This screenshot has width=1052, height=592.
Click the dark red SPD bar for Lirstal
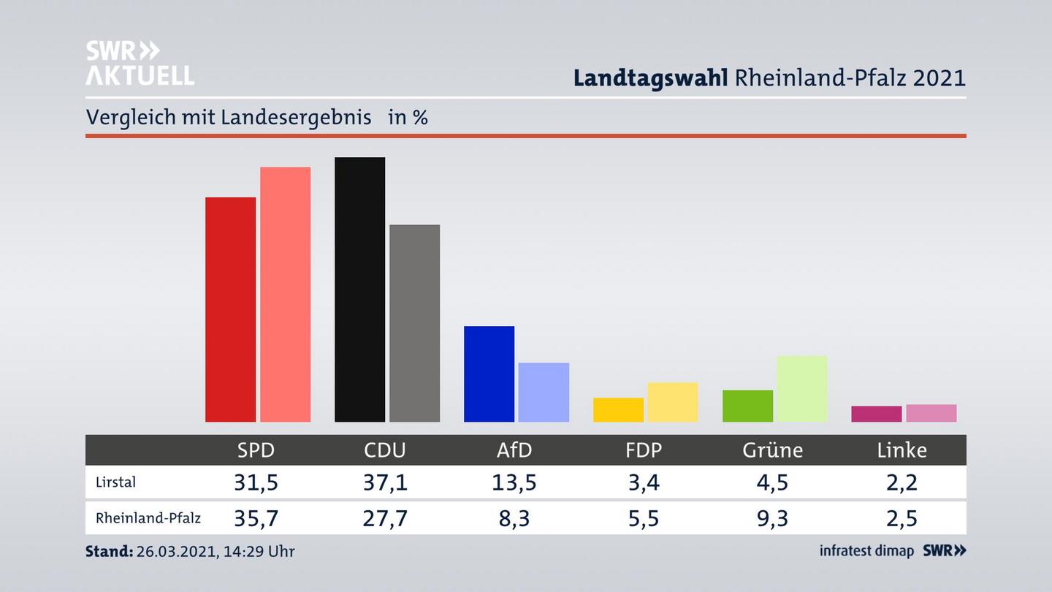tap(230, 309)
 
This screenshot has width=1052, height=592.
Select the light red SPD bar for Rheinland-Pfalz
tap(285, 294)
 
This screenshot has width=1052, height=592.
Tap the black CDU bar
tap(359, 289)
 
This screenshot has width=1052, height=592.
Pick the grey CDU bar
tap(414, 323)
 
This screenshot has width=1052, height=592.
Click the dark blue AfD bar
tap(489, 373)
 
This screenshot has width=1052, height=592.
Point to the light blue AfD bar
tap(544, 392)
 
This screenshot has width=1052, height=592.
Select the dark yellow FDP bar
tap(618, 409)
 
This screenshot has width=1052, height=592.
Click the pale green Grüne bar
tap(801, 388)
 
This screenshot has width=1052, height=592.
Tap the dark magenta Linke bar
tap(876, 414)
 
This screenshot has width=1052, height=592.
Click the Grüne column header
tap(772, 450)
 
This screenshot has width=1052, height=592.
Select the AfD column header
tap(514, 450)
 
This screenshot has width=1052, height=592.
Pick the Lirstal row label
tap(115, 482)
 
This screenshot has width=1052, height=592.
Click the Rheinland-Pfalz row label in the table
tap(148, 518)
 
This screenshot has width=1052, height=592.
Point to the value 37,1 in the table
tap(385, 482)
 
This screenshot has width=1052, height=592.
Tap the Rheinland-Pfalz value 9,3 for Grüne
tap(772, 518)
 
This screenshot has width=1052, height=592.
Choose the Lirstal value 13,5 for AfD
tap(514, 482)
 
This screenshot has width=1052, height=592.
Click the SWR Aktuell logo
tap(140, 63)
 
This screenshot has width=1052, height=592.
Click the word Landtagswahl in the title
tap(650, 77)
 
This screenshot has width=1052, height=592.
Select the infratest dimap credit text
tap(866, 551)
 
